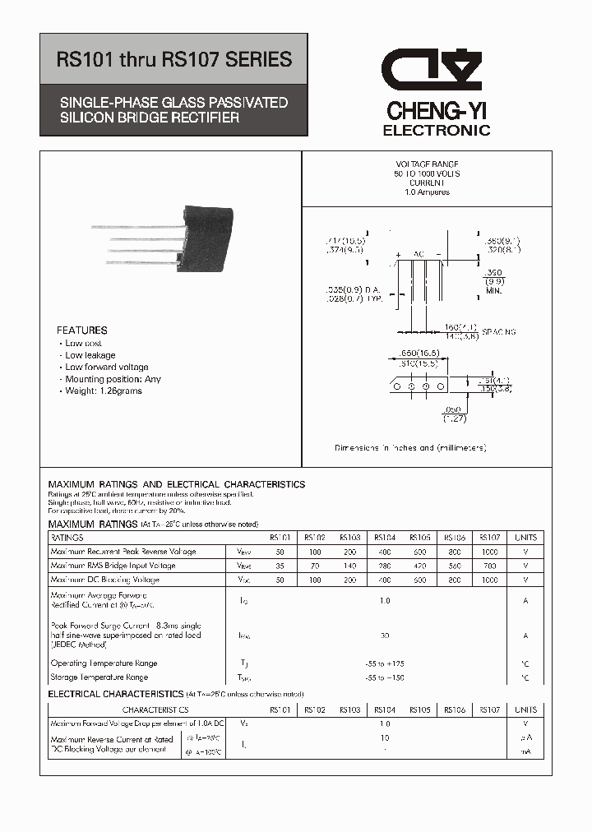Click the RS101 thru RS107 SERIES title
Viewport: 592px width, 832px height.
[x=173, y=60]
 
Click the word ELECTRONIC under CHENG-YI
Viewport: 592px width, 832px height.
[x=437, y=131]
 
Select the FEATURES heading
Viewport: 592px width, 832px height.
[x=82, y=330]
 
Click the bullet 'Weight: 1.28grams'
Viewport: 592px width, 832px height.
[x=104, y=391]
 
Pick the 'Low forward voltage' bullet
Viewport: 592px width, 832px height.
[x=107, y=367]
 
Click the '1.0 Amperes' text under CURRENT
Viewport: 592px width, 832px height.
[x=427, y=192]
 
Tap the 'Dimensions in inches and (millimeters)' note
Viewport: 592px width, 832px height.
[x=410, y=448]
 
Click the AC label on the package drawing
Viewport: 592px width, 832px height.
[x=419, y=256]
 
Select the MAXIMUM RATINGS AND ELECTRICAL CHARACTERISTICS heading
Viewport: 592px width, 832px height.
[x=177, y=484]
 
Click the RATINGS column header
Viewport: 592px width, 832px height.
[x=67, y=538]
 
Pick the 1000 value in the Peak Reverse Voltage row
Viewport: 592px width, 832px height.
[x=489, y=552]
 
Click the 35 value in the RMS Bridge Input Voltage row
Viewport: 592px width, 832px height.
[x=280, y=566]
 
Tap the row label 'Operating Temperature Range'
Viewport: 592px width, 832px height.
[x=104, y=663]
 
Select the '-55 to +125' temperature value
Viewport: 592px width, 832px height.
[x=385, y=663]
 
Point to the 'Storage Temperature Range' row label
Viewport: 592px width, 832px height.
[x=99, y=677]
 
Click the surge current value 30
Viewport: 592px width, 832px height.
[x=385, y=636]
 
